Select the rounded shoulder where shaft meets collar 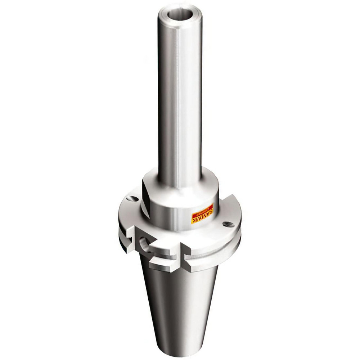(180, 180)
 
